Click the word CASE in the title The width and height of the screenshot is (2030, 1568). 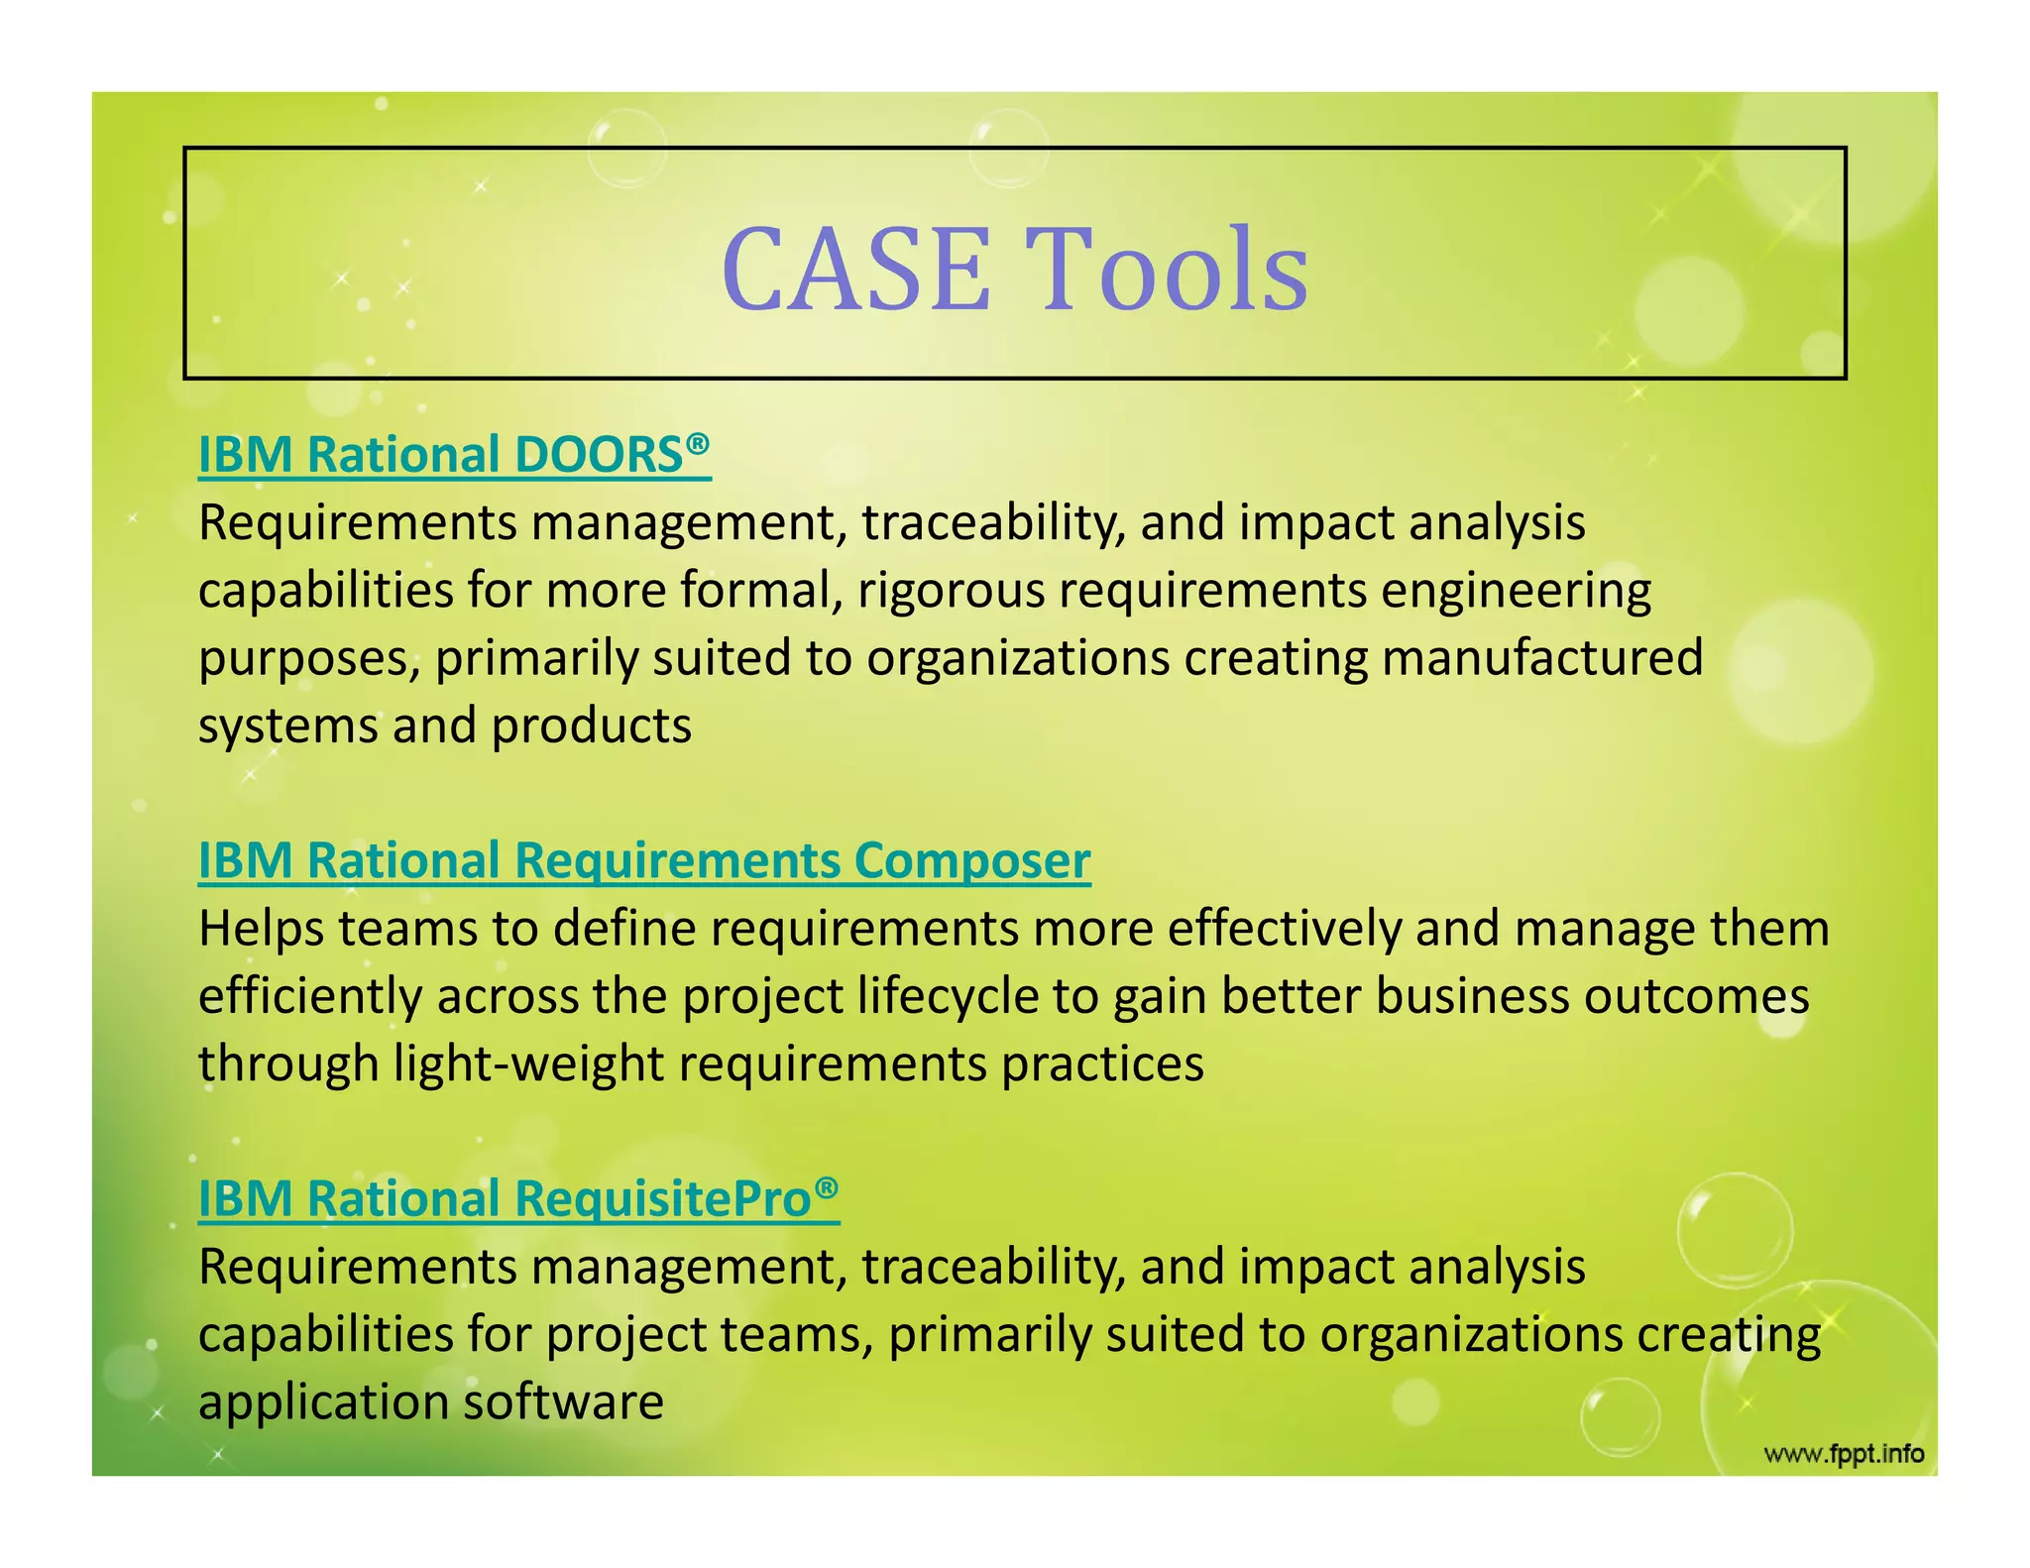pos(855,270)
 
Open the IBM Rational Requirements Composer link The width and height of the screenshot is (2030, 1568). pos(644,860)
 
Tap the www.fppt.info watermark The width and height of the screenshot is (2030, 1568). pos(1844,1454)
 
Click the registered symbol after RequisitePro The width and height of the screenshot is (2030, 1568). pos(827,1187)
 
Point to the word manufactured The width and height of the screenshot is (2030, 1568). pos(1542,657)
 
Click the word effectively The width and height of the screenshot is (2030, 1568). pos(1284,929)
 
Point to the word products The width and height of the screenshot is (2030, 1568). pos(591,727)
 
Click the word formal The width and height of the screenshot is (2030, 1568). pos(755,591)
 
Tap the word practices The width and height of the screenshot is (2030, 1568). pos(1101,1064)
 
